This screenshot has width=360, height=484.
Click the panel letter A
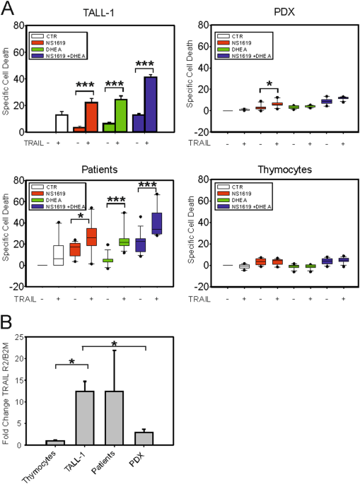point(9,9)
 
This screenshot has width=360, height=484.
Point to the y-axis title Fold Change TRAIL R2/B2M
point(26,394)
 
